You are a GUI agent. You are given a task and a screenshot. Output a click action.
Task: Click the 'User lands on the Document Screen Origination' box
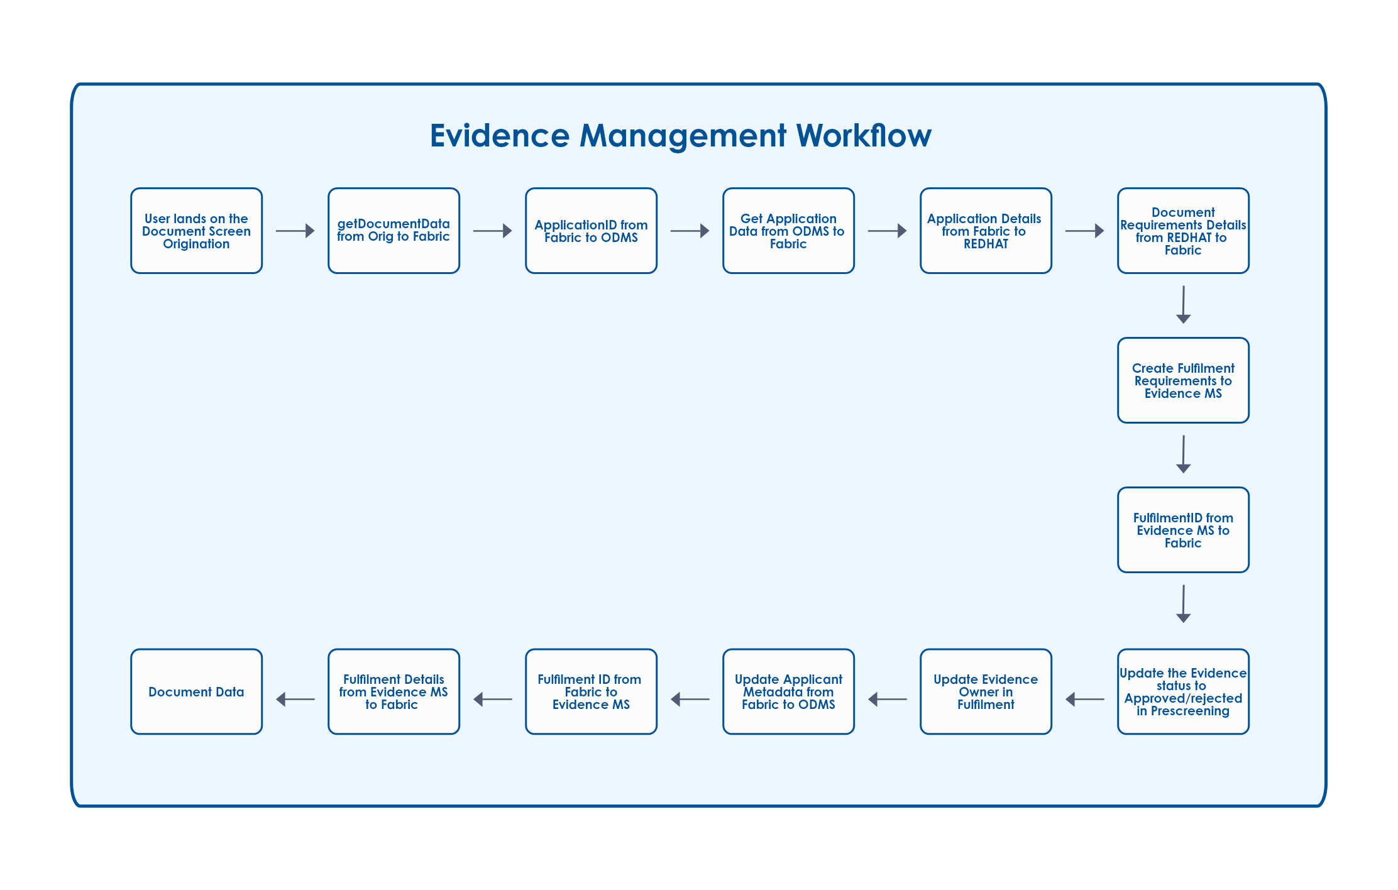196,231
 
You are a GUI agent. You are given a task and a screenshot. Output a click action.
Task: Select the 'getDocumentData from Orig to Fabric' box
394,231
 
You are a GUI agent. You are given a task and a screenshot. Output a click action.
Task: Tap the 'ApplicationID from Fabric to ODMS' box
591,231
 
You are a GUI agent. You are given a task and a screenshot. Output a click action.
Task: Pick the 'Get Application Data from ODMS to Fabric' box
788,231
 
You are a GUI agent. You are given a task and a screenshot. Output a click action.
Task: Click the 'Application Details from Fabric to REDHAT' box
986,231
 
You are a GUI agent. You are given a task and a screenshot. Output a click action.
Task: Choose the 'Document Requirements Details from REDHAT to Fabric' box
1183,231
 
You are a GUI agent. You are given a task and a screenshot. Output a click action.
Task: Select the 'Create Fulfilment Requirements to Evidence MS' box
1183,380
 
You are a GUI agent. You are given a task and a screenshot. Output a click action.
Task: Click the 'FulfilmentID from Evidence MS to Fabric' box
1183,530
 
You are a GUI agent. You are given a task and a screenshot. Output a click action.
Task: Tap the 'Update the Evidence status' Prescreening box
1183,691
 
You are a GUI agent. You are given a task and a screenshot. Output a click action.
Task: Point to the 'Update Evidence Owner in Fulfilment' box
986,691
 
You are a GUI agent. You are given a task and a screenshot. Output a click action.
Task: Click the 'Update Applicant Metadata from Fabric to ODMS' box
788,691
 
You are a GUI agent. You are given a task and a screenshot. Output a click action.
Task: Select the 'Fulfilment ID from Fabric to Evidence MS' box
591,691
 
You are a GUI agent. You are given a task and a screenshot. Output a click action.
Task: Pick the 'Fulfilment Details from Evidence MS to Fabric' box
394,691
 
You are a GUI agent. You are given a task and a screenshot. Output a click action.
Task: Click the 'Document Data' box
196,691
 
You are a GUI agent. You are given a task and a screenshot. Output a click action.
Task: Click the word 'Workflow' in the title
864,135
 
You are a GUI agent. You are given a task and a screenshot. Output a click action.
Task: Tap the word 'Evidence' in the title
500,135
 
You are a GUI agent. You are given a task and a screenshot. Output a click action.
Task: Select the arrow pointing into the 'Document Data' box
295,699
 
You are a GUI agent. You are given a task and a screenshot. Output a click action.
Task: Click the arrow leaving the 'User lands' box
295,231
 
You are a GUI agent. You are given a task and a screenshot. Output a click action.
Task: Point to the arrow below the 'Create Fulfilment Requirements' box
1184,454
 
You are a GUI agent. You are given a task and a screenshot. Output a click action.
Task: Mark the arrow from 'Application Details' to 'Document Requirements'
1085,231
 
